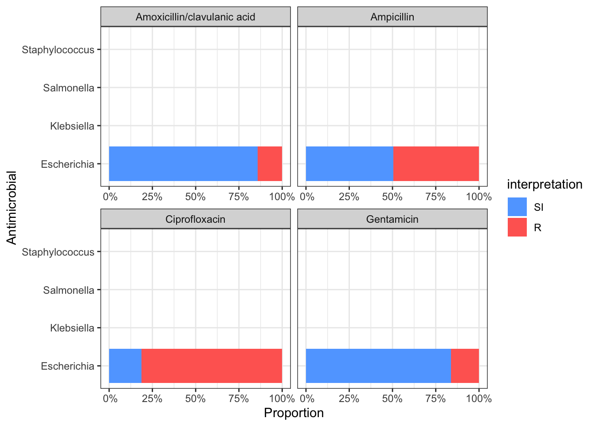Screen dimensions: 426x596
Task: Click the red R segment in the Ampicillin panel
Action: pyautogui.click(x=436, y=164)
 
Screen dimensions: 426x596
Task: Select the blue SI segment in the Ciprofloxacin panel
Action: pyautogui.click(x=125, y=366)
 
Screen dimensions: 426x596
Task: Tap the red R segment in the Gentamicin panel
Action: pyautogui.click(x=465, y=366)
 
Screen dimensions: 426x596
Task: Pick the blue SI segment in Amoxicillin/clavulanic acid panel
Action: pyautogui.click(x=183, y=164)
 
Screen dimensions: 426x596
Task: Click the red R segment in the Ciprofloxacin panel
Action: pyautogui.click(x=212, y=366)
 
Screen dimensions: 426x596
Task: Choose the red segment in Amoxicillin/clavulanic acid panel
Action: pyautogui.click(x=270, y=164)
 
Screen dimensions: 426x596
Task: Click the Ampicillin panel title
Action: pyautogui.click(x=392, y=17)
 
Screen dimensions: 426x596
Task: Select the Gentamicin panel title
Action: pyautogui.click(x=392, y=219)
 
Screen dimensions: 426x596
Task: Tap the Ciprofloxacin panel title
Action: pyautogui.click(x=195, y=219)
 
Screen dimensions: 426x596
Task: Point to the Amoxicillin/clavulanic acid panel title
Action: pyautogui.click(x=195, y=17)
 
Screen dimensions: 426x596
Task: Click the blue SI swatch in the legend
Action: pyautogui.click(x=517, y=207)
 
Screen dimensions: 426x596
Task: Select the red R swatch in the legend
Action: pyautogui.click(x=517, y=227)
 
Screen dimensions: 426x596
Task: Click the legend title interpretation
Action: pyautogui.click(x=545, y=184)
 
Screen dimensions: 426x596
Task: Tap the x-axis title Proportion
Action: pyautogui.click(x=294, y=413)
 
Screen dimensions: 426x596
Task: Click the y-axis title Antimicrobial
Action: pyautogui.click(x=12, y=208)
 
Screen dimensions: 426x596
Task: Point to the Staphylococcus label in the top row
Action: pyautogui.click(x=58, y=50)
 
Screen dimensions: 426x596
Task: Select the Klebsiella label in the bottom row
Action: pyautogui.click(x=72, y=328)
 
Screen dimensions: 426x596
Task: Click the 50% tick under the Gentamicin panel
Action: pyautogui.click(x=392, y=398)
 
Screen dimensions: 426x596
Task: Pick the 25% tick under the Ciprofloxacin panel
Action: pyautogui.click(x=152, y=398)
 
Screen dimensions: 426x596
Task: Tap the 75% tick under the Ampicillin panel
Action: pyautogui.click(x=435, y=197)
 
